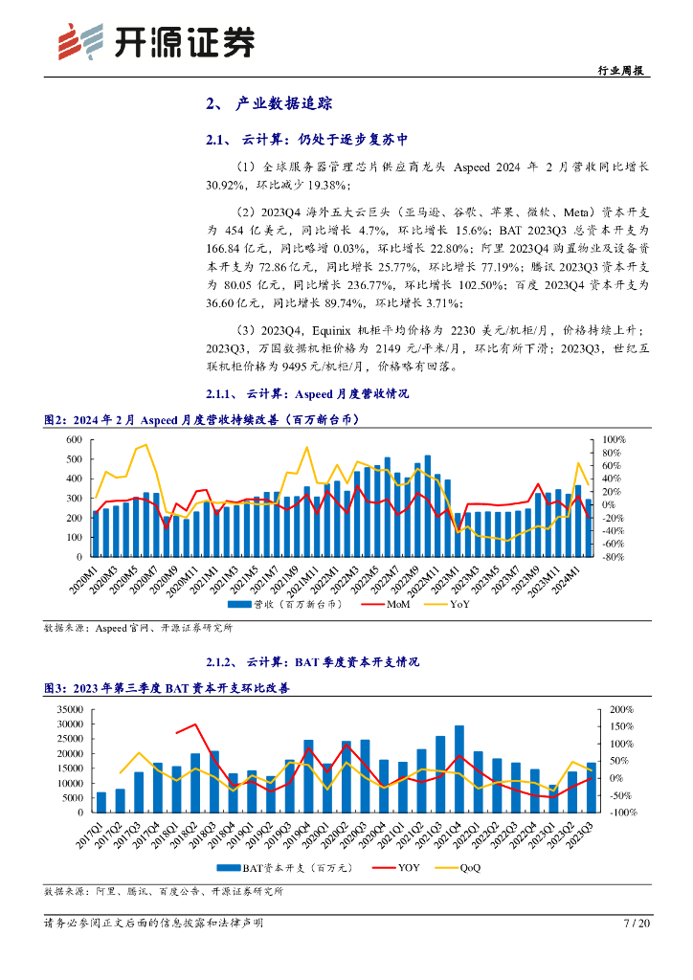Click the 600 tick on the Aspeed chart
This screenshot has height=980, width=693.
pyautogui.click(x=73, y=439)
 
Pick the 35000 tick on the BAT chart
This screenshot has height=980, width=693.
pyautogui.click(x=69, y=710)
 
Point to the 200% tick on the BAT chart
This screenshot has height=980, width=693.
pyautogui.click(x=621, y=710)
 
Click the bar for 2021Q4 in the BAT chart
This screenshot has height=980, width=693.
pyautogui.click(x=459, y=768)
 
